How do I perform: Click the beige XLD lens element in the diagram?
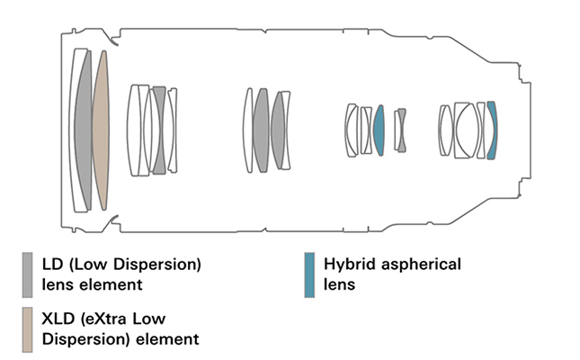pos(101,130)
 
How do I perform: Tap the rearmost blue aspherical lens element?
pos(491,130)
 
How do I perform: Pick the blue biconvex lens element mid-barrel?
pos(379,130)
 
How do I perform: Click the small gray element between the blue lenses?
pos(401,130)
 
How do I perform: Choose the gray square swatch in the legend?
pos(29,273)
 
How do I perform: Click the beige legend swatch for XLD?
pos(29,327)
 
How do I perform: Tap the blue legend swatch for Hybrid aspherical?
pos(309,273)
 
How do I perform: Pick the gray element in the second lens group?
pos(159,130)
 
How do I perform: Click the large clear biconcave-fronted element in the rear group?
pos(466,130)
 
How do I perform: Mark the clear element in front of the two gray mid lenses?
pos(248,130)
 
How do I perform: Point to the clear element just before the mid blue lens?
pos(366,130)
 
